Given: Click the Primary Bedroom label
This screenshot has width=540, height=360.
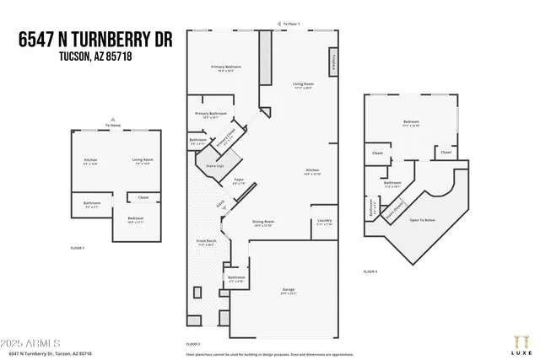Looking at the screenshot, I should (x=226, y=67).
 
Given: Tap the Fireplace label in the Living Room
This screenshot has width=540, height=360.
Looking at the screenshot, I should (x=337, y=62).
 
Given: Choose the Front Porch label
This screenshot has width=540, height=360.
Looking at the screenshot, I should (x=206, y=242).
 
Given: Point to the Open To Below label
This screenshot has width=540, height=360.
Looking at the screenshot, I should (x=423, y=220).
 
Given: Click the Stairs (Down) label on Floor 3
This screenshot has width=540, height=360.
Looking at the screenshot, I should (x=394, y=207).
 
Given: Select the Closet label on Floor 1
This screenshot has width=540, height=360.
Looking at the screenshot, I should (x=143, y=197).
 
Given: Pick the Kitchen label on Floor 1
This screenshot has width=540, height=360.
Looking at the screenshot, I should (x=90, y=160).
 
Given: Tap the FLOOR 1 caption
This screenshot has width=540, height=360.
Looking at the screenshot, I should (x=77, y=248).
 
